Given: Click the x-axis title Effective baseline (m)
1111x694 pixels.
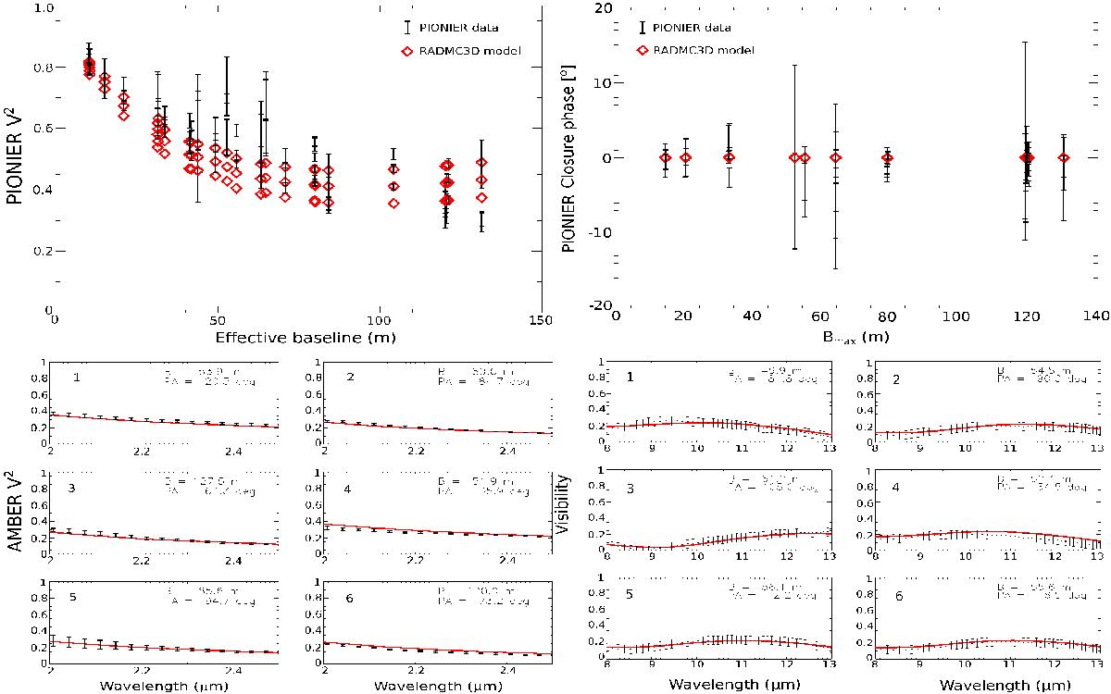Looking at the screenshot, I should click(297, 336).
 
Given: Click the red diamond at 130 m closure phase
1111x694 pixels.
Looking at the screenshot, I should click(1064, 157).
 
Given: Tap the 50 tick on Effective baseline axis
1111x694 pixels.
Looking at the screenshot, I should click(217, 318).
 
